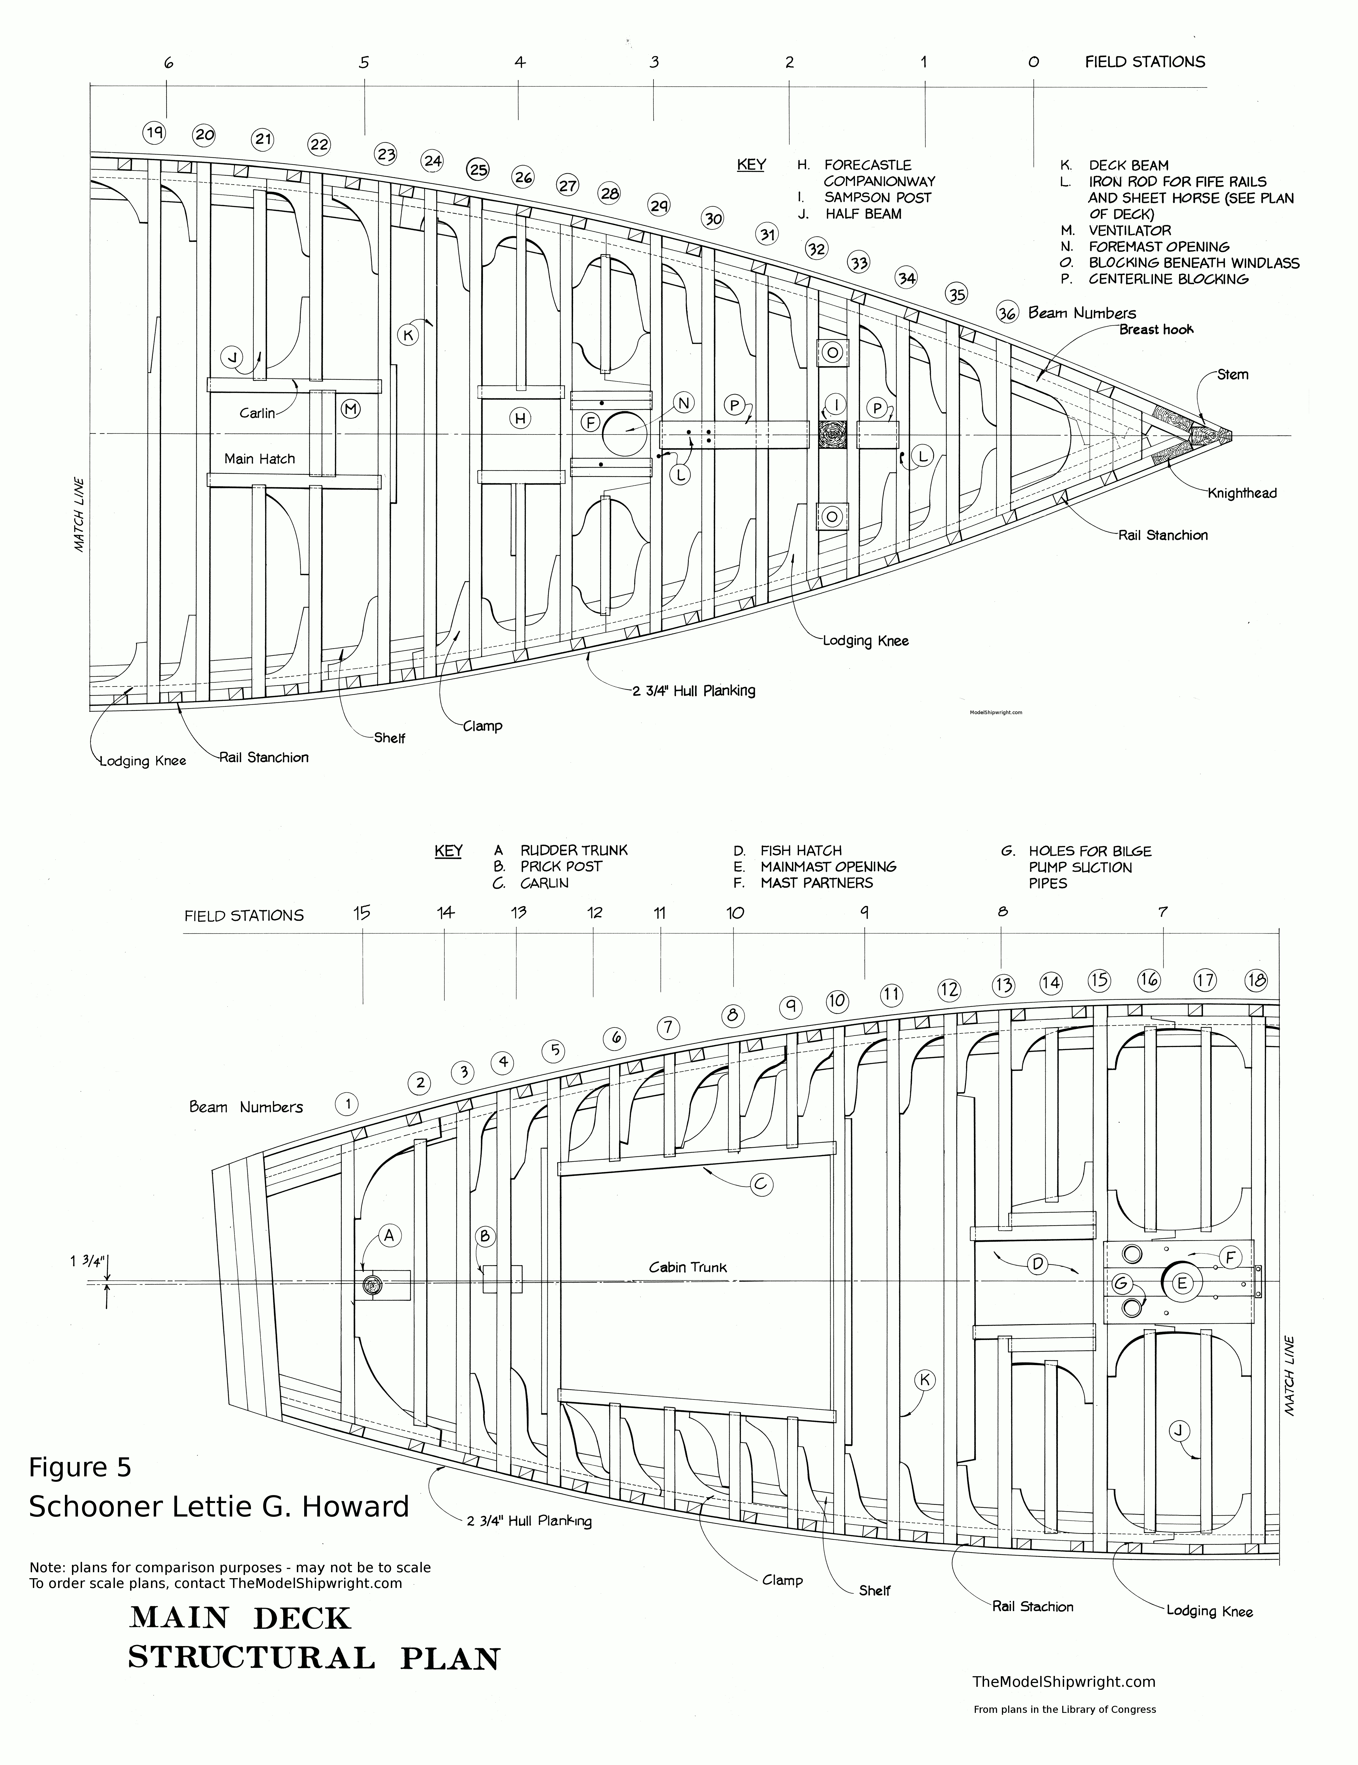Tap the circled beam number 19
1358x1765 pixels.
click(154, 132)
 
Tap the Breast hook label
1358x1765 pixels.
click(1156, 330)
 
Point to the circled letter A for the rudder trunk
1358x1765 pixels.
click(389, 1236)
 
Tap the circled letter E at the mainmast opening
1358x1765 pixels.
click(1181, 1283)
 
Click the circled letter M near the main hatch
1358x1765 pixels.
click(350, 410)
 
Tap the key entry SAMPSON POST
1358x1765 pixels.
click(877, 197)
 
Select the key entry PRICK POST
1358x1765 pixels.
click(561, 866)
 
